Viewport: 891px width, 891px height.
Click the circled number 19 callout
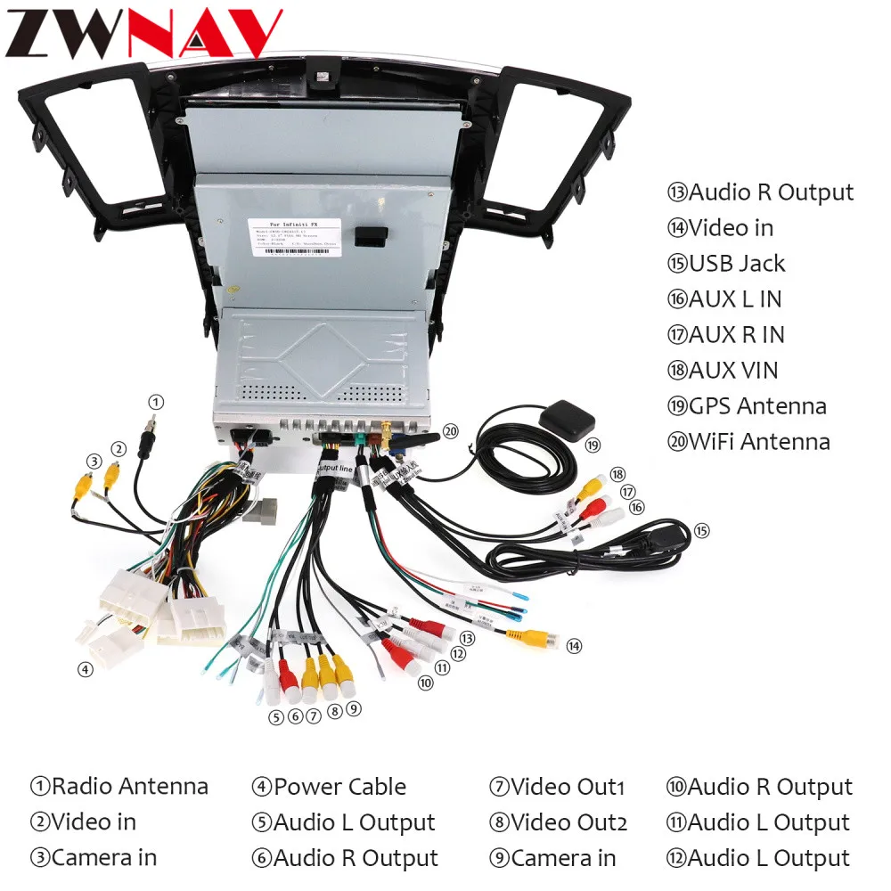pos(593,445)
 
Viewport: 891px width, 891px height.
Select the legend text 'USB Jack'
pos(737,264)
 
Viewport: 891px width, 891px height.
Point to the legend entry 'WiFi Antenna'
pos(759,442)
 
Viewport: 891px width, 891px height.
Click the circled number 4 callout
pos(85,669)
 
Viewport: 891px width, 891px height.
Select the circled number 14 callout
pos(574,645)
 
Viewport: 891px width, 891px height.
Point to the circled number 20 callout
pos(451,431)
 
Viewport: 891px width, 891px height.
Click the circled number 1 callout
pos(156,402)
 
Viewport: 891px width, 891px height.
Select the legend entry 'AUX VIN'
pos(733,371)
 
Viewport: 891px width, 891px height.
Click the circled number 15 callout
pos(702,531)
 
